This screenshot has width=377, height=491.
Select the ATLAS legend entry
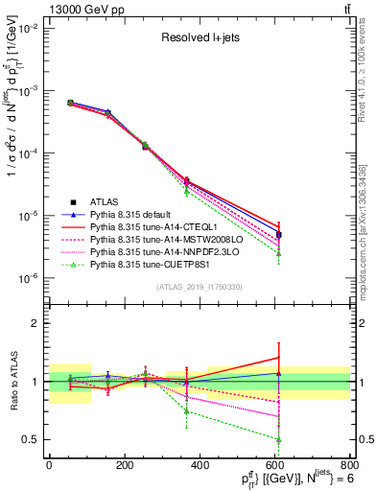(x=106, y=201)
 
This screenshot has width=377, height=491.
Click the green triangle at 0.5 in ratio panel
(x=278, y=440)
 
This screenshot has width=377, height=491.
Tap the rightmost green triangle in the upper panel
(x=278, y=253)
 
